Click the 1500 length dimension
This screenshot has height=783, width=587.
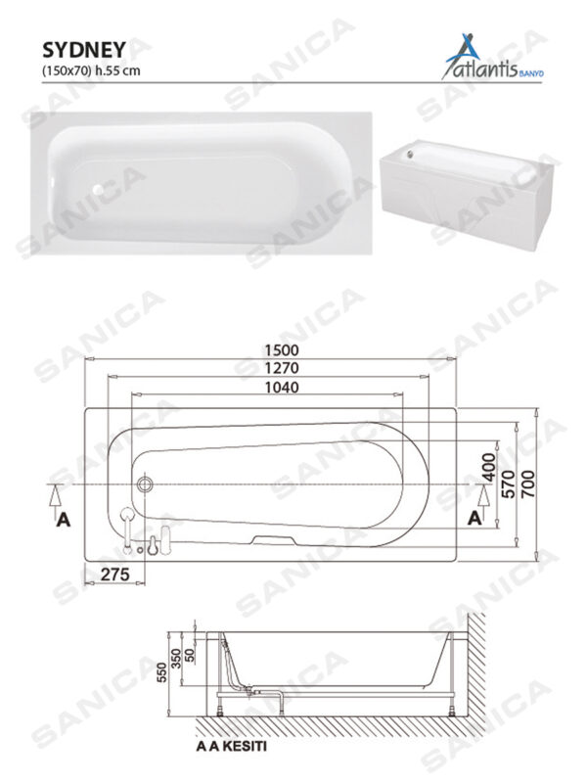pyautogui.click(x=280, y=349)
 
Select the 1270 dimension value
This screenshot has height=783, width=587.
pyautogui.click(x=280, y=368)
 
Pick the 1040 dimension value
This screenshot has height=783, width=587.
pyautogui.click(x=280, y=388)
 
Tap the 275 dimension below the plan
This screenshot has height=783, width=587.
pyautogui.click(x=116, y=575)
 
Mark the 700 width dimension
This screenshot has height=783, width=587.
pyautogui.click(x=529, y=480)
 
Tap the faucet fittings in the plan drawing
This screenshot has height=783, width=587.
pyautogui.click(x=147, y=534)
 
